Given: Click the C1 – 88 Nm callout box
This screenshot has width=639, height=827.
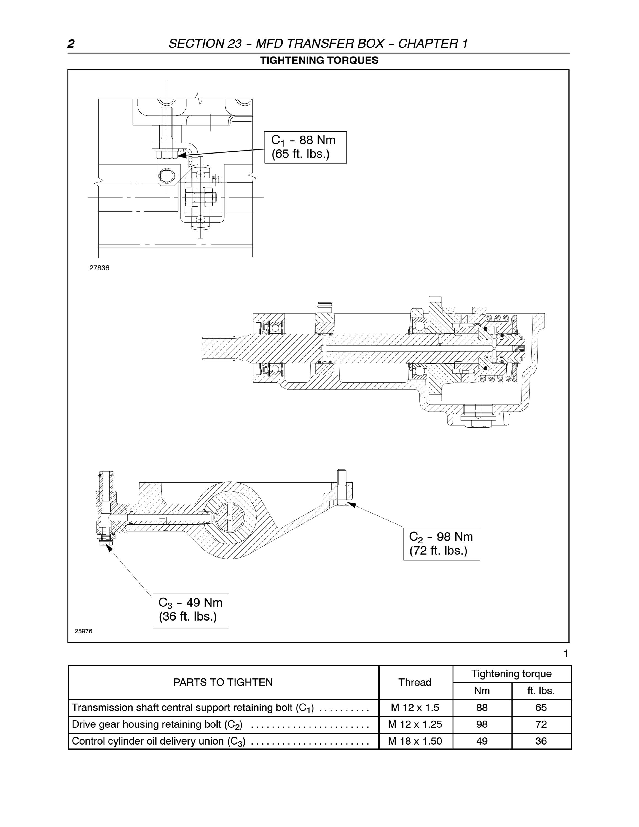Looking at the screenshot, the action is (305, 147).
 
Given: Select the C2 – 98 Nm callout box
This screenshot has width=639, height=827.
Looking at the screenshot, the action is (442, 544).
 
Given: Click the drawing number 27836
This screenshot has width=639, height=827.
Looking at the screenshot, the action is (99, 268).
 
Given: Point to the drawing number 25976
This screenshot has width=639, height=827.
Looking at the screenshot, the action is (83, 631).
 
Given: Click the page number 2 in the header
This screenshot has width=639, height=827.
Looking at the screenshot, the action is (71, 44).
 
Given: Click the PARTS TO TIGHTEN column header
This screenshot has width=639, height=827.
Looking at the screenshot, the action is (223, 682).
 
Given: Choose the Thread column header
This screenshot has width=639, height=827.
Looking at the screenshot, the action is (415, 682).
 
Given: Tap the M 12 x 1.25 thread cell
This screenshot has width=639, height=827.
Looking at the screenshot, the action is (415, 724).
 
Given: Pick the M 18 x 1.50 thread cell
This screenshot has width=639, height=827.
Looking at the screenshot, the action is (415, 741).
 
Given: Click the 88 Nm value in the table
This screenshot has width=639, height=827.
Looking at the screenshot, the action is (482, 708).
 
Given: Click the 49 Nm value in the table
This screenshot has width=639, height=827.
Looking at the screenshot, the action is (482, 741).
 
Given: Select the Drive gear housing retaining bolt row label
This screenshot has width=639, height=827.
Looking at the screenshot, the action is (157, 725).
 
